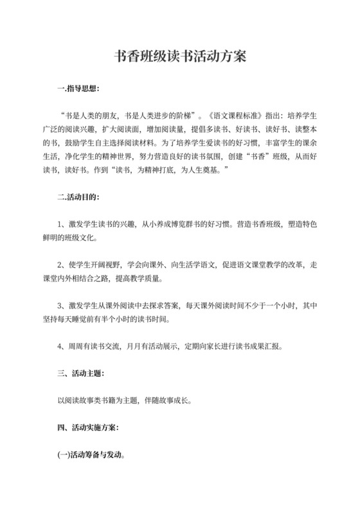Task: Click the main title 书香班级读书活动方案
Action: click(x=179, y=57)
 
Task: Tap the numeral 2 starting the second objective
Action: click(x=60, y=265)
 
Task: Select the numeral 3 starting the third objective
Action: click(x=60, y=305)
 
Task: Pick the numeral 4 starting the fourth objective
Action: click(x=60, y=346)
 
